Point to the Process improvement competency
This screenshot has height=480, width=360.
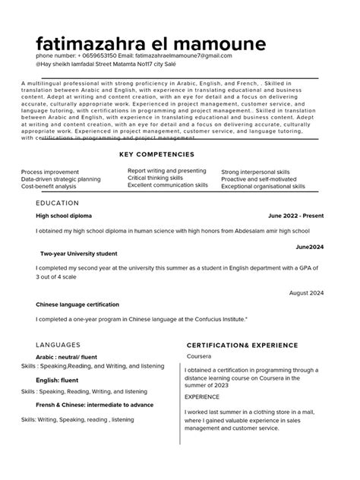click(49, 172)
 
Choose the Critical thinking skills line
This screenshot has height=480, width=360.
click(155, 178)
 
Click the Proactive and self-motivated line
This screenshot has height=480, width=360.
click(254, 178)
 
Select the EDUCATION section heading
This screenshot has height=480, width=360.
click(57, 204)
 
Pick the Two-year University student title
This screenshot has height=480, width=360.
click(78, 254)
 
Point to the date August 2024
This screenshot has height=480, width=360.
click(307, 292)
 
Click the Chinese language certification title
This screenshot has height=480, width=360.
click(77, 305)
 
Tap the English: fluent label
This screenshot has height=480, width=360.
click(58, 379)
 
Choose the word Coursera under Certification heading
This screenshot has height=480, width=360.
click(199, 355)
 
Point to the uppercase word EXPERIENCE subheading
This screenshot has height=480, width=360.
click(202, 396)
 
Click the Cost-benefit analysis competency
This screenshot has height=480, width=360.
click(49, 186)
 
